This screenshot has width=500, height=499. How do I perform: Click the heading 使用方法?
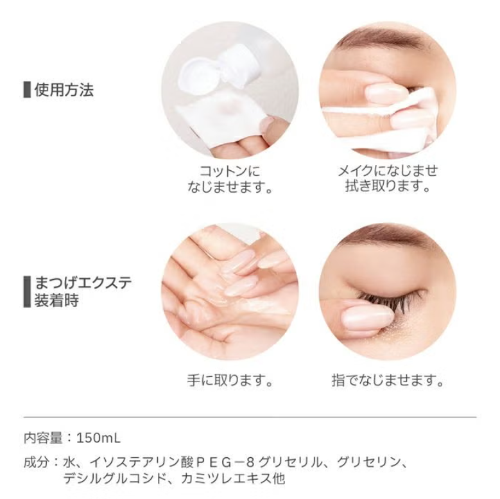(64, 90)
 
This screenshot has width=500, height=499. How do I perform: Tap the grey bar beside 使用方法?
(27, 90)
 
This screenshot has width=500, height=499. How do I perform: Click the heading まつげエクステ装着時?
(83, 292)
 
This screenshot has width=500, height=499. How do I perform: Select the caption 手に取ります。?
(230, 380)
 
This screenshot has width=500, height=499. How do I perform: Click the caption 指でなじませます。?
(388, 380)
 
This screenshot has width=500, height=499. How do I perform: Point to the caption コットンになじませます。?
(230, 179)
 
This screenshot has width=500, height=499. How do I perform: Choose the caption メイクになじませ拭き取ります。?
(388, 179)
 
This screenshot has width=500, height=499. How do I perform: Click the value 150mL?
(99, 438)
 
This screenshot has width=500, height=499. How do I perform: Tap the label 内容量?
(43, 438)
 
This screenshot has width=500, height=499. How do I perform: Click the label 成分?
(37, 462)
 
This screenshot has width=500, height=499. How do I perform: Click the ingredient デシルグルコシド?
(115, 478)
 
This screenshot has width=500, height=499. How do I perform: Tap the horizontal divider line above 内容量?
(250, 417)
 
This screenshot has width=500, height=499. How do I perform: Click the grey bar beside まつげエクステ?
(27, 292)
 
